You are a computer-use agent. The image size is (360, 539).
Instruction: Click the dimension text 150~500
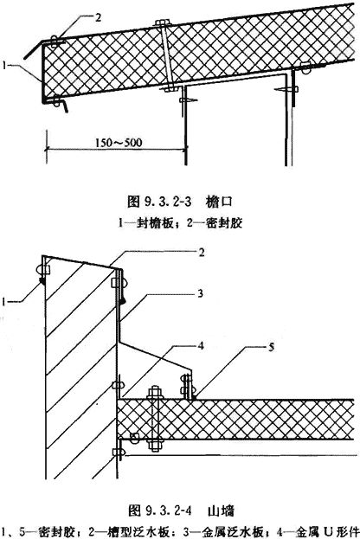click(x=119, y=142)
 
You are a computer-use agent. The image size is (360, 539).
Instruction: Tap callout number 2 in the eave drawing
click(x=99, y=17)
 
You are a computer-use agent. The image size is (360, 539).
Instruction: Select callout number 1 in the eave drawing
click(x=4, y=65)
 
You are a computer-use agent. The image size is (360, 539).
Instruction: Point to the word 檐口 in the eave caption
click(x=219, y=202)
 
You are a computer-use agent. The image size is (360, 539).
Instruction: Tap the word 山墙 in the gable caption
click(x=221, y=510)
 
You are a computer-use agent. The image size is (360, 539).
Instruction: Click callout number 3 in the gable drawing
click(x=201, y=293)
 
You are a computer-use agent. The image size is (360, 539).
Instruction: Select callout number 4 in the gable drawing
click(x=201, y=345)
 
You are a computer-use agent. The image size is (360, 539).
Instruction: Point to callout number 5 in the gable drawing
click(x=271, y=347)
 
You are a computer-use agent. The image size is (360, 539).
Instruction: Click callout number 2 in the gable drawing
click(x=202, y=253)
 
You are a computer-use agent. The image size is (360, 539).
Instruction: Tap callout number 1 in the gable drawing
click(x=4, y=302)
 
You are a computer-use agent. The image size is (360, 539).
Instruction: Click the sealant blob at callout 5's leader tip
click(x=194, y=398)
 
